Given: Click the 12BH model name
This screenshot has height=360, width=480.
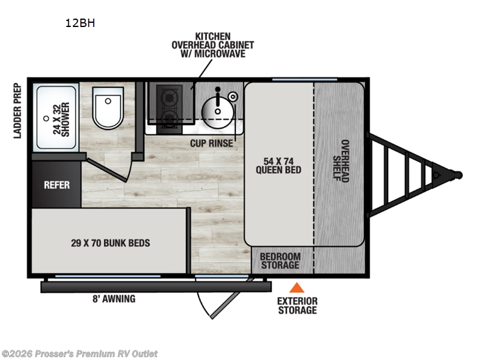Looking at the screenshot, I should pyautogui.click(x=80, y=24).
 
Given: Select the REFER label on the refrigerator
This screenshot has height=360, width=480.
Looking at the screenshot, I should pyautogui.click(x=56, y=185).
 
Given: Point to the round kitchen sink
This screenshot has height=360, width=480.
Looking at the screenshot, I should pyautogui.click(x=216, y=109).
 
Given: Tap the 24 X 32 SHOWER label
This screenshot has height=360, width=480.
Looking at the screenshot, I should pyautogui.click(x=61, y=118).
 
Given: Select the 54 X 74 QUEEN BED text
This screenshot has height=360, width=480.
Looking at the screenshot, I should pyautogui.click(x=278, y=164).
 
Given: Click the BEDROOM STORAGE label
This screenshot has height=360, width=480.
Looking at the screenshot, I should pyautogui.click(x=279, y=261).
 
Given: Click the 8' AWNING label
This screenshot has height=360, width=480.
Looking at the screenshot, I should pyautogui.click(x=114, y=299).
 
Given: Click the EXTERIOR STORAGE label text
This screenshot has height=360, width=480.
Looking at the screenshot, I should pyautogui.click(x=297, y=305).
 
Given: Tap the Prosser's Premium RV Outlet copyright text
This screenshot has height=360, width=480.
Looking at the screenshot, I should pyautogui.click(x=80, y=353).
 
